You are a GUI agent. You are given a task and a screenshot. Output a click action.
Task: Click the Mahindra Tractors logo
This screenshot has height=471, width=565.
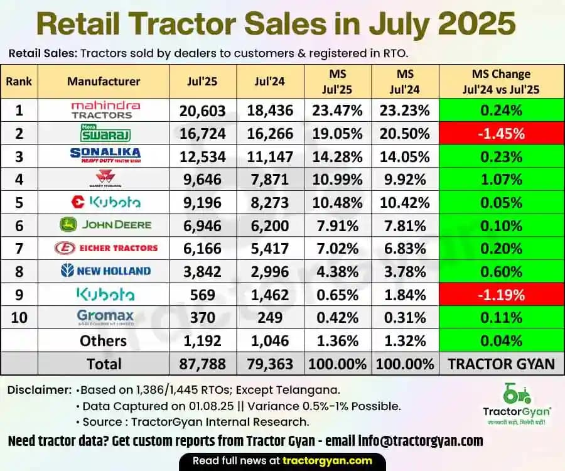coord(105,110)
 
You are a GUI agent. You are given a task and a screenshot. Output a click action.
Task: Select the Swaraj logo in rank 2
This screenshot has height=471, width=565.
coord(104,133)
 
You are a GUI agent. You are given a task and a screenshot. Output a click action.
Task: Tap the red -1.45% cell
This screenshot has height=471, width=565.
coord(507,133)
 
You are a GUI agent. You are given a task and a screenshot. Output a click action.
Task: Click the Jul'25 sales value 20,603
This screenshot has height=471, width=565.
coord(202,111)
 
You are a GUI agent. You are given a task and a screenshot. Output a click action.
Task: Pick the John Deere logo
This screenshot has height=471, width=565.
coord(104,225)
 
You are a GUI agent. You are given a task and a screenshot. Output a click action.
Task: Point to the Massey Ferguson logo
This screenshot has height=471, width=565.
coord(104,180)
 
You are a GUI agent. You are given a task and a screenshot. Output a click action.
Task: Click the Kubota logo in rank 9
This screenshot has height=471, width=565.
coord(104,294)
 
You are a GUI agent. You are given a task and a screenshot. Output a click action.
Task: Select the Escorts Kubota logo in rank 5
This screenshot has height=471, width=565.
coord(104,202)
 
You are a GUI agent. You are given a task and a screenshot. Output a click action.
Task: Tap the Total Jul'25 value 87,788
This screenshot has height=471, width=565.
coord(202,364)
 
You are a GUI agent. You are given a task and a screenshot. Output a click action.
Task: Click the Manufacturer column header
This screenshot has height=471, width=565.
coord(104,81)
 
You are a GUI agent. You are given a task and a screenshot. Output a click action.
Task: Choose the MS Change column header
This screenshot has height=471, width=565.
coord(507,81)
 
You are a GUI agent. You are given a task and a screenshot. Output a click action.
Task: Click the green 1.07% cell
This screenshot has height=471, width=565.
coord(507,180)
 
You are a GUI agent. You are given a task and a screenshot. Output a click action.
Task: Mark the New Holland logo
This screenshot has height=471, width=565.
coord(104,271)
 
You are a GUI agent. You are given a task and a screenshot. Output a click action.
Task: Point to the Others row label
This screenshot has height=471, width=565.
coord(104,340)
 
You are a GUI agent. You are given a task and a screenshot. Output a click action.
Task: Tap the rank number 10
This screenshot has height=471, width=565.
coord(19,317)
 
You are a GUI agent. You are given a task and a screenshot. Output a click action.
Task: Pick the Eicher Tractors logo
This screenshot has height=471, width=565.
coord(104,248)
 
